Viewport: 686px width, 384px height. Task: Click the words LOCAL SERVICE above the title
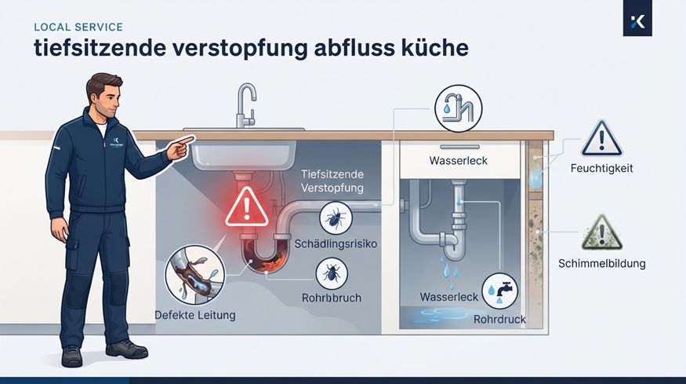78,27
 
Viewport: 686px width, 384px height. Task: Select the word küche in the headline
434,48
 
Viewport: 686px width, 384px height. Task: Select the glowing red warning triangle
247,207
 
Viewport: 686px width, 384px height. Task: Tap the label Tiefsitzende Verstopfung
332,181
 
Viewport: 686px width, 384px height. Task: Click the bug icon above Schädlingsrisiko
336,218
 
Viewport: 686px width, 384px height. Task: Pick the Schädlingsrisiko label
336,243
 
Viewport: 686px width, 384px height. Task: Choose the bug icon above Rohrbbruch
332,273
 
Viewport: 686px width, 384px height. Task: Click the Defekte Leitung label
195,315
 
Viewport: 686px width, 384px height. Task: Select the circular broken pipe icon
194,275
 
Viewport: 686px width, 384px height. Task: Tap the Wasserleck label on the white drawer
458,160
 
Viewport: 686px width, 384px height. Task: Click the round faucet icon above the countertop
458,108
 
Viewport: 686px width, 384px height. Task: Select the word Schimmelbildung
601,263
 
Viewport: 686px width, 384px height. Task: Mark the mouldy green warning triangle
602,233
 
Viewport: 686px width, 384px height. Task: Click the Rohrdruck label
499,319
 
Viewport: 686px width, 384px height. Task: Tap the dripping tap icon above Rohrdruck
499,291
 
